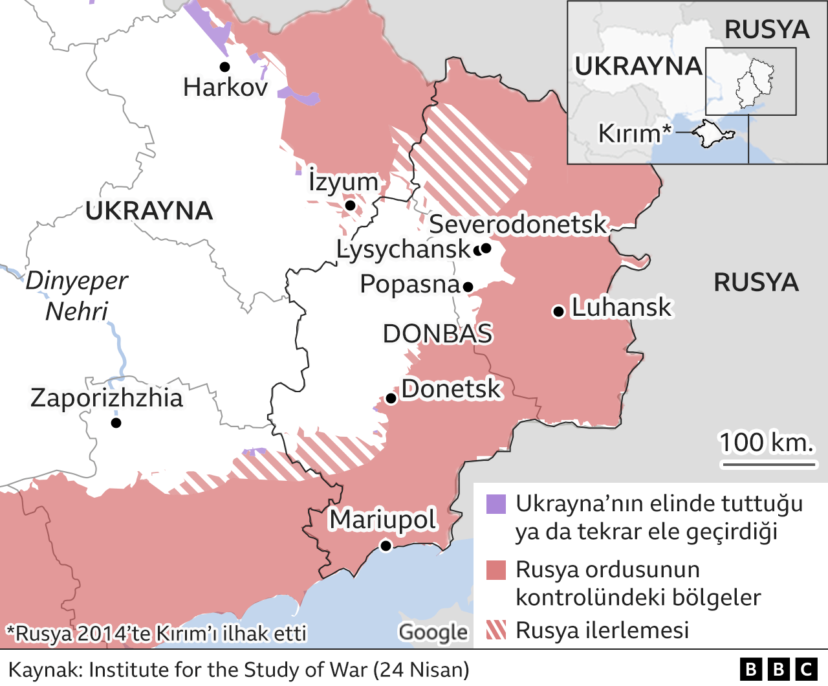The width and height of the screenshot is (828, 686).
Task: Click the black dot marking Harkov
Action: [224, 67]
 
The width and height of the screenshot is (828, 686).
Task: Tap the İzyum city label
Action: [343, 182]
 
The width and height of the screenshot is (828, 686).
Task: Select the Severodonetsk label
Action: [517, 225]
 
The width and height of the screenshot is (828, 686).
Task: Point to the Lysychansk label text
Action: [404, 249]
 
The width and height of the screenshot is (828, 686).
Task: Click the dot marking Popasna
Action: [468, 287]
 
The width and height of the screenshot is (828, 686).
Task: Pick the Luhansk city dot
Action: [558, 312]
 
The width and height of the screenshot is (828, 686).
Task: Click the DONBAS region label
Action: [437, 334]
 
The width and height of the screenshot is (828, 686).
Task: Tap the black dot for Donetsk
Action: [391, 398]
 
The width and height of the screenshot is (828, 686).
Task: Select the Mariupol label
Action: [383, 520]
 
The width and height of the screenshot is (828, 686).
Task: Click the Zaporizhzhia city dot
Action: [116, 423]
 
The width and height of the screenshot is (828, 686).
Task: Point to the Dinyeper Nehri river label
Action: [76, 296]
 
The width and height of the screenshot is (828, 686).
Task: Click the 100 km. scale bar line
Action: [770, 464]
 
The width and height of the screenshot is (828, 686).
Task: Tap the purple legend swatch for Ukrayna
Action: [496, 504]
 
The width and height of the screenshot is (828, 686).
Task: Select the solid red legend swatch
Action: [496, 570]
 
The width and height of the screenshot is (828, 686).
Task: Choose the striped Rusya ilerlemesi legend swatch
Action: [496, 630]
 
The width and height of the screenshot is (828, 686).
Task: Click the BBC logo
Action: [778, 669]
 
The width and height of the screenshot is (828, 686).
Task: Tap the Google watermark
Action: [433, 632]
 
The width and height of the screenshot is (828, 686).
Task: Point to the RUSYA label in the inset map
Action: [767, 30]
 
